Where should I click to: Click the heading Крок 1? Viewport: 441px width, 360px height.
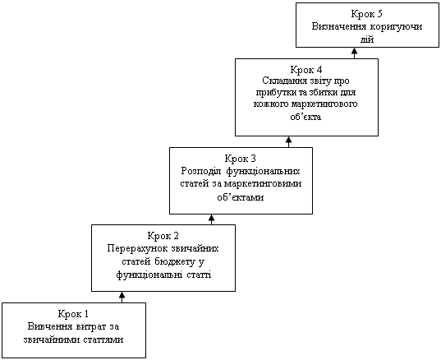click(73, 313)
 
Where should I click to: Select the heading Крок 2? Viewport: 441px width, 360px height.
click(163, 236)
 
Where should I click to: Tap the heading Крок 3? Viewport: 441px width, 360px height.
click(241, 159)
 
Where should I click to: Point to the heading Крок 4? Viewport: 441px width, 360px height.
click(306, 70)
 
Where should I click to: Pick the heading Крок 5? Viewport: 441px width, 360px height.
click(367, 14)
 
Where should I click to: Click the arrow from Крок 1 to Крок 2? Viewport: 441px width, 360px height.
click(122, 297)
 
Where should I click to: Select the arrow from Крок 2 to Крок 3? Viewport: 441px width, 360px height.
click(212, 219)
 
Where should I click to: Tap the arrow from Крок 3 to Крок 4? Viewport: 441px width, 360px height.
click(288, 142)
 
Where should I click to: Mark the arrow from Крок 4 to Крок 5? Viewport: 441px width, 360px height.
click(355, 53)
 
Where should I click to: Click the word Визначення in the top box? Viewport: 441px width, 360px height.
click(339, 26)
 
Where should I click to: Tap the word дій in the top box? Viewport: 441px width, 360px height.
click(367, 39)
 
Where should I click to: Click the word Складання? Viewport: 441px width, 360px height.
click(287, 81)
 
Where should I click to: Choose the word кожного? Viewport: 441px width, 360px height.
click(271, 104)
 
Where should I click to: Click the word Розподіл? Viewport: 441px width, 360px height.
click(202, 171)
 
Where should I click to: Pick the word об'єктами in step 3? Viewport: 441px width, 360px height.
click(241, 196)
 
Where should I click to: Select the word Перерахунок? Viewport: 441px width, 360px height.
click(137, 249)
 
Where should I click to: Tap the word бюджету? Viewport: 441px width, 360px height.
click(174, 261)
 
